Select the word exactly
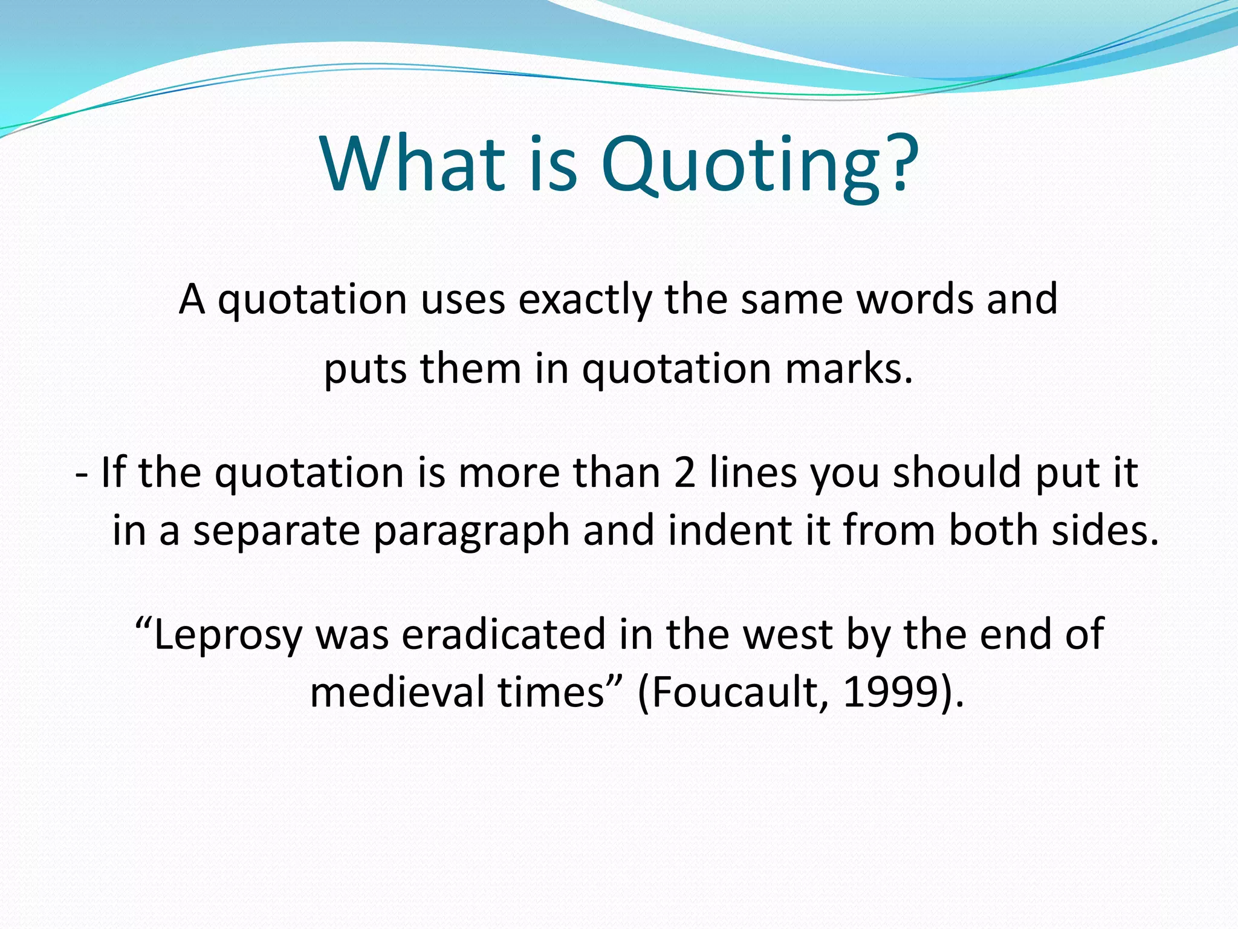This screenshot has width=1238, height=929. pyautogui.click(x=585, y=301)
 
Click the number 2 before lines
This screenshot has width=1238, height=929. pyautogui.click(x=684, y=473)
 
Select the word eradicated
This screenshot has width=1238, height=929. pyautogui.click(x=504, y=634)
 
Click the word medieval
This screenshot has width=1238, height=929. pyautogui.click(x=397, y=693)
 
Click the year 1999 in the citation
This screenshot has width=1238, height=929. pyautogui.click(x=887, y=693)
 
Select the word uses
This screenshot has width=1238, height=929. pyautogui.click(x=462, y=301)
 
